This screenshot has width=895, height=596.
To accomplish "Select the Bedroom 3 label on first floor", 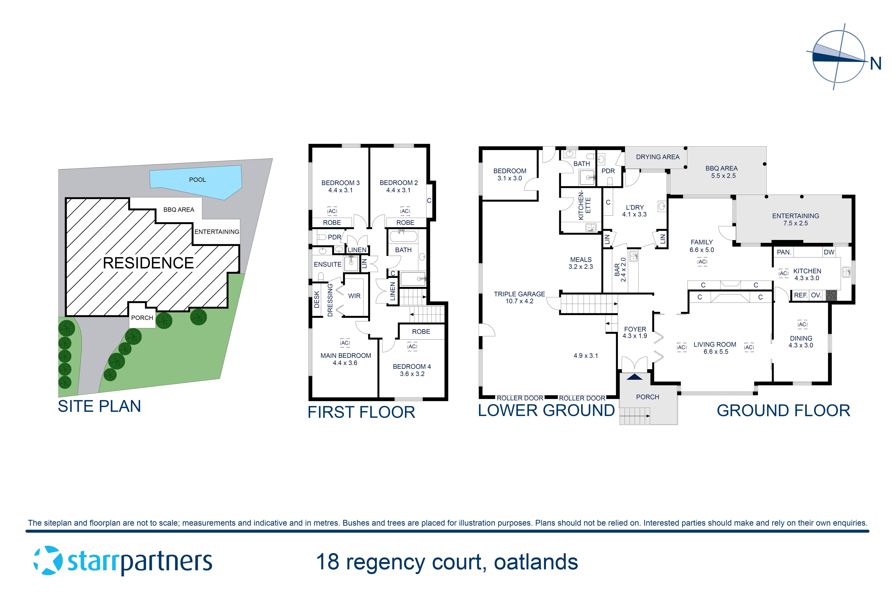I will tap(340, 183).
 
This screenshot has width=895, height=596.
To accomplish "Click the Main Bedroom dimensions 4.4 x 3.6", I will tap(345, 363).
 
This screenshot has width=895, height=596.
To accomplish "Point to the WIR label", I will tap(354, 296).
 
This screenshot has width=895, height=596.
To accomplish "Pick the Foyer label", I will tap(635, 329).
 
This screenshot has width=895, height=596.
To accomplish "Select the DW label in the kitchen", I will tap(829, 252).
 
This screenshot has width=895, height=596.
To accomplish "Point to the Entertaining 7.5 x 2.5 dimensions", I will tap(795, 223).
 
